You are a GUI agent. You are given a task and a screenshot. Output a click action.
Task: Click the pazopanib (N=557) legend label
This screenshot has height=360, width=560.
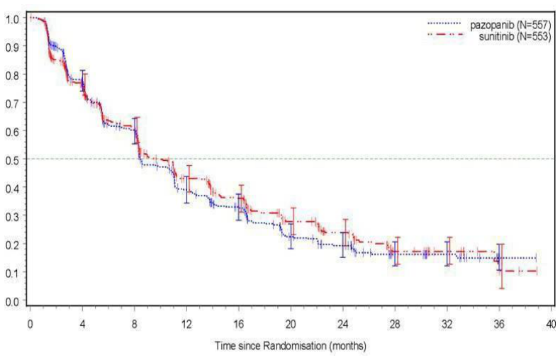tap(510, 25)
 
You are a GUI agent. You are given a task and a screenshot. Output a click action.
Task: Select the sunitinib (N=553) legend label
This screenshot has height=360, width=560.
tap(515, 36)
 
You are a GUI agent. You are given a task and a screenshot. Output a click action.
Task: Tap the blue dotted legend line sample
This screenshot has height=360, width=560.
tap(444, 23)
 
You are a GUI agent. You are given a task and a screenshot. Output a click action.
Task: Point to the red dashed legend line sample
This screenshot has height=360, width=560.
tap(445, 35)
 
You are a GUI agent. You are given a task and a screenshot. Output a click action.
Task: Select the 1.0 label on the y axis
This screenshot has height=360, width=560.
tap(11, 19)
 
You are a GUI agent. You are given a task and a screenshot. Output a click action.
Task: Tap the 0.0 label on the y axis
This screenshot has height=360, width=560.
tap(11, 302)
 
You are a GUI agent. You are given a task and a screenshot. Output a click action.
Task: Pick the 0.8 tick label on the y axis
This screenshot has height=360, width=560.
tap(11, 75)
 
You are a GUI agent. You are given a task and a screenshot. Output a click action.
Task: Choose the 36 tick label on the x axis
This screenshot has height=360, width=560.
tap(499, 325)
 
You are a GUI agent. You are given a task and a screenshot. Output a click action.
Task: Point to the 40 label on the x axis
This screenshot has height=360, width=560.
tap(551, 325)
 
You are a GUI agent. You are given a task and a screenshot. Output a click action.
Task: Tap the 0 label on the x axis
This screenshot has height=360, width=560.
tap(30, 325)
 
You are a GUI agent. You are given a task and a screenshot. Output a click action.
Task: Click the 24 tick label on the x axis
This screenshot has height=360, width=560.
tap(342, 325)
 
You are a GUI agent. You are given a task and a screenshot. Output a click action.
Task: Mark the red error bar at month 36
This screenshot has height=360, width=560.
tap(502, 266)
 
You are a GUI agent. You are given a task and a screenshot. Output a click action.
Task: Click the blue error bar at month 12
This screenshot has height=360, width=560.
tap(186, 190)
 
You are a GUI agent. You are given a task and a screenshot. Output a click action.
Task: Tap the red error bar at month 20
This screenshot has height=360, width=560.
tap(293, 221)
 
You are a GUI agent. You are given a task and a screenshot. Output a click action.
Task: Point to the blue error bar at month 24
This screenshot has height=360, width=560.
tap(342, 244)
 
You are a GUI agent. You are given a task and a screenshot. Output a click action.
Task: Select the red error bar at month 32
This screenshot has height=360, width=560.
tap(449, 251)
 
